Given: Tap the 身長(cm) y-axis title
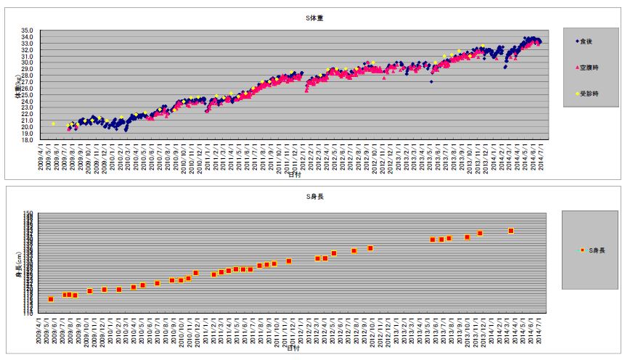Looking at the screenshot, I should point(16,263).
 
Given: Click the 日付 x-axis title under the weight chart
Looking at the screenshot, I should point(293,175).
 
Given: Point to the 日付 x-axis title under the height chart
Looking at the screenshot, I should point(293,348).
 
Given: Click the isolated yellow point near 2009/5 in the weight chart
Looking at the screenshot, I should point(53,124).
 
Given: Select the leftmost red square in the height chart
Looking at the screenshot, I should point(51,299).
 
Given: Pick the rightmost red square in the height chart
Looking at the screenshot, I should point(511,231).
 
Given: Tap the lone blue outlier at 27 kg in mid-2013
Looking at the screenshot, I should point(431,82).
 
